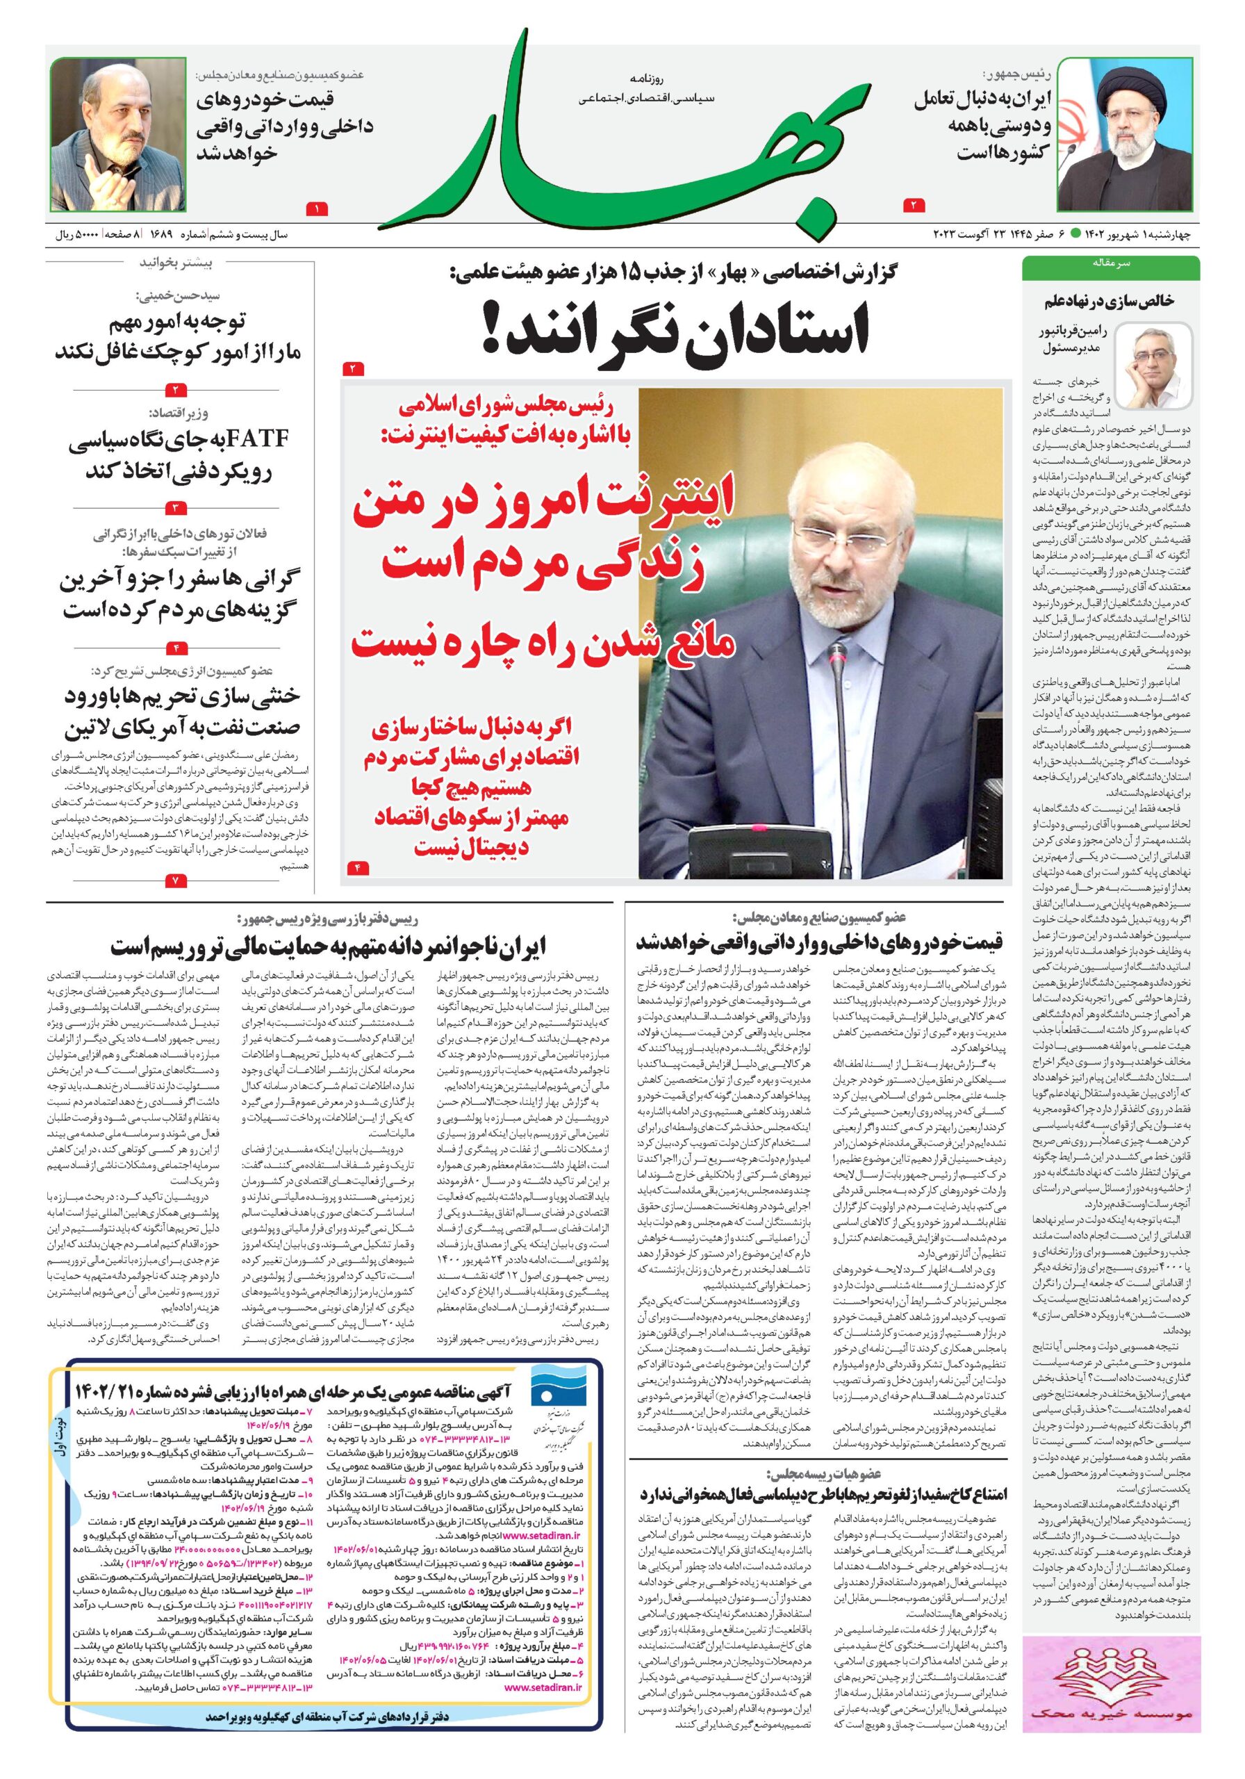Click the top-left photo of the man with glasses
click(119, 136)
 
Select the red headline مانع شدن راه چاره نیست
click(543, 642)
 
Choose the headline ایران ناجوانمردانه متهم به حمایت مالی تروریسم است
click(329, 947)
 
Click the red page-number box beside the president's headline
click(914, 206)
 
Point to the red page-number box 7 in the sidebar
click(175, 881)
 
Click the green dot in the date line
click(1076, 234)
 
